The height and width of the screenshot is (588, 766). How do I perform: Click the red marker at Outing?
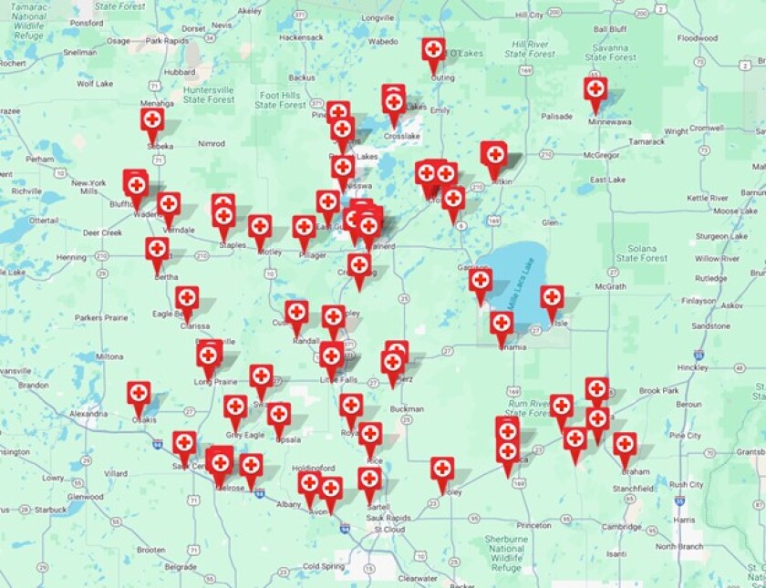click(x=433, y=51)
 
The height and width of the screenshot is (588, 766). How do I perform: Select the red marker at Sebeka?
click(x=152, y=120)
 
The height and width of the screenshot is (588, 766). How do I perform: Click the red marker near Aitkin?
click(x=494, y=154)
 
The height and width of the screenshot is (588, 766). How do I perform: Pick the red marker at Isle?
click(x=552, y=298)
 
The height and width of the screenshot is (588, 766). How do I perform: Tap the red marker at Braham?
click(x=625, y=445)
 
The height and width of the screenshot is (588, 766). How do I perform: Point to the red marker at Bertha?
click(x=157, y=250)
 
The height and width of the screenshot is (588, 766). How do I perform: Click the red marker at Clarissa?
click(x=187, y=298)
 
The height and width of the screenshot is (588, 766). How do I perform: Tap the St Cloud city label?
click(x=389, y=529)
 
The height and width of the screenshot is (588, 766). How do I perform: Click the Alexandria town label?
click(x=88, y=413)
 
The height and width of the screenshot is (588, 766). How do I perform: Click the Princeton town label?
click(x=533, y=526)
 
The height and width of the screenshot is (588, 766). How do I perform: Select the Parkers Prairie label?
click(x=101, y=317)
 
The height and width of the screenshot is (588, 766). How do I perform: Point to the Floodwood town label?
click(x=698, y=38)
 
